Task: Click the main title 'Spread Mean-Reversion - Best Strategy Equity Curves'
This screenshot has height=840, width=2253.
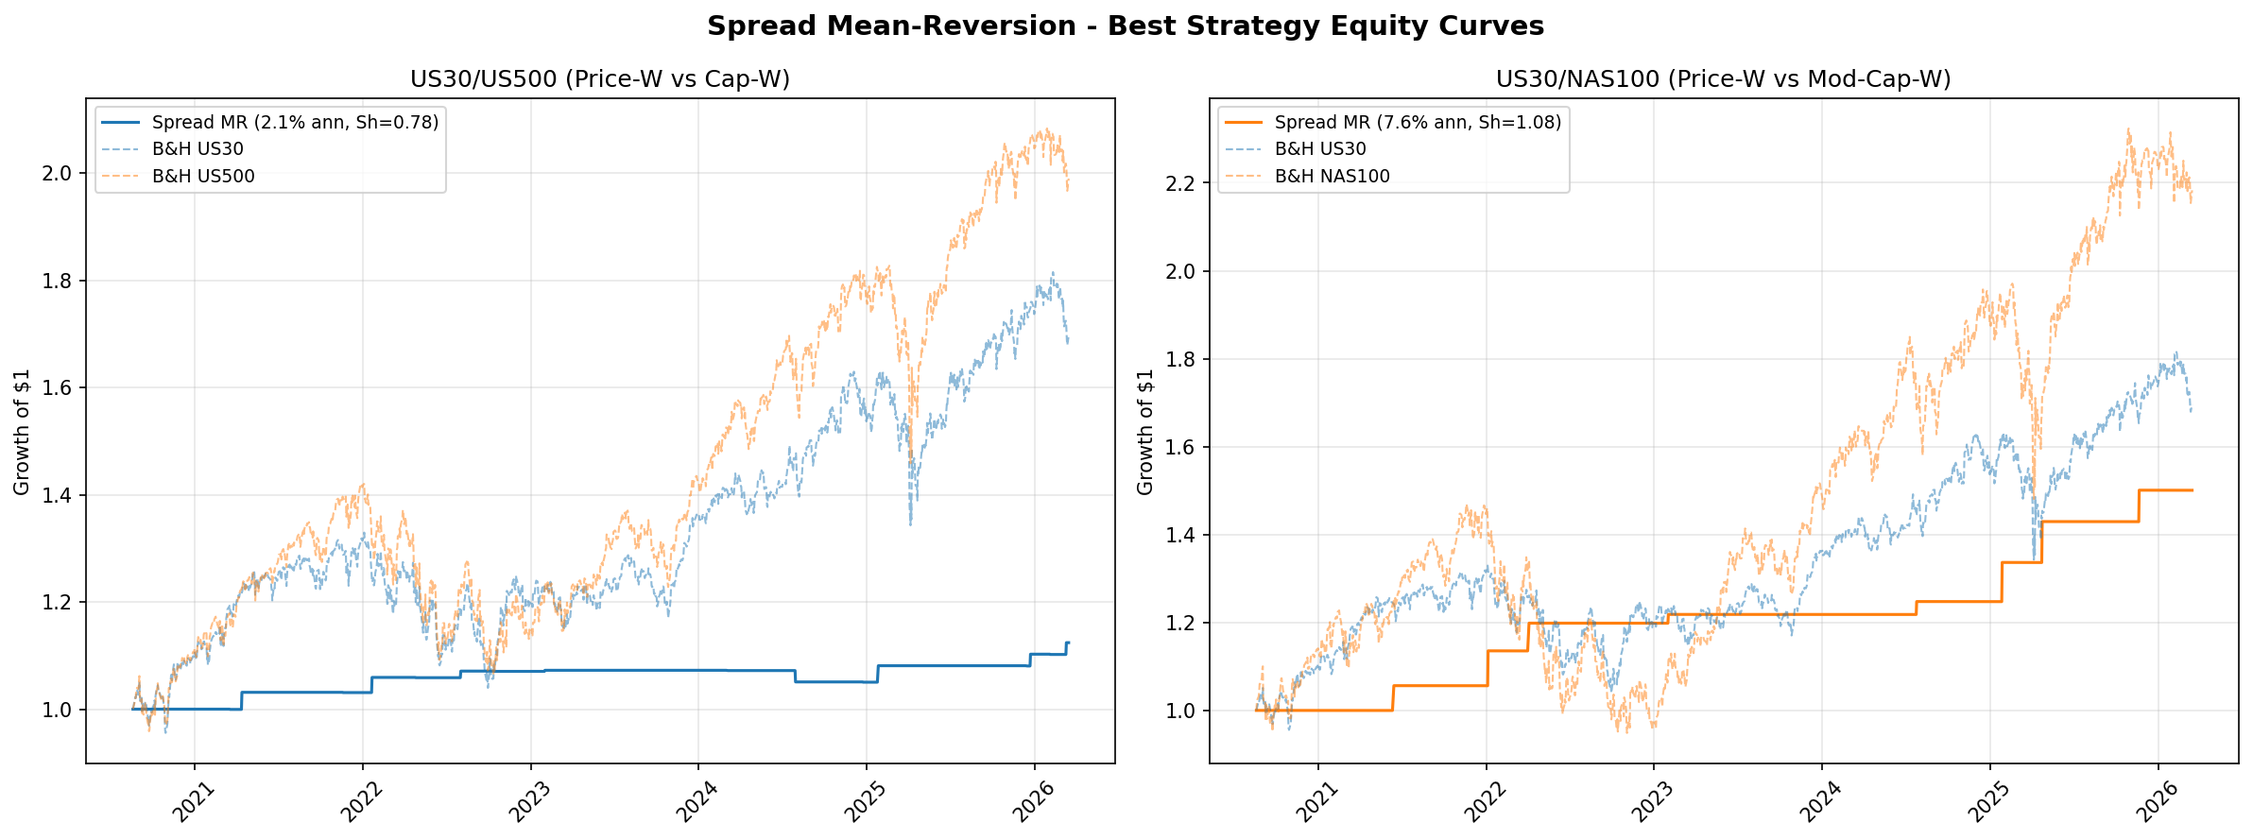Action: tap(1126, 26)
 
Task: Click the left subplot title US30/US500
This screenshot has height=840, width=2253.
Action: tap(600, 79)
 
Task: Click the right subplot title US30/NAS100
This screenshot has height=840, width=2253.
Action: tap(1724, 79)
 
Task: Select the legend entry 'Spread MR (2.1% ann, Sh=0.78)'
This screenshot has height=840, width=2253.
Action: tap(295, 123)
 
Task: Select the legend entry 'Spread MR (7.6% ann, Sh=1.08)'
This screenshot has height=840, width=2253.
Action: tap(1418, 123)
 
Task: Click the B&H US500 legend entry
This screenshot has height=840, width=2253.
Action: tap(203, 177)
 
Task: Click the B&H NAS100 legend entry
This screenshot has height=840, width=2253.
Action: tap(1332, 177)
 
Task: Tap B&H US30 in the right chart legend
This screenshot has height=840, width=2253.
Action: tap(1320, 149)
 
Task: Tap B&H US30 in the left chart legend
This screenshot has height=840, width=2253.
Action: tap(198, 149)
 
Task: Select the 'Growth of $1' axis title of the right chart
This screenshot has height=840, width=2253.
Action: tap(1145, 432)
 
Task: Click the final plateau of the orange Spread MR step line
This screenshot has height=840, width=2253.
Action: tap(2166, 490)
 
